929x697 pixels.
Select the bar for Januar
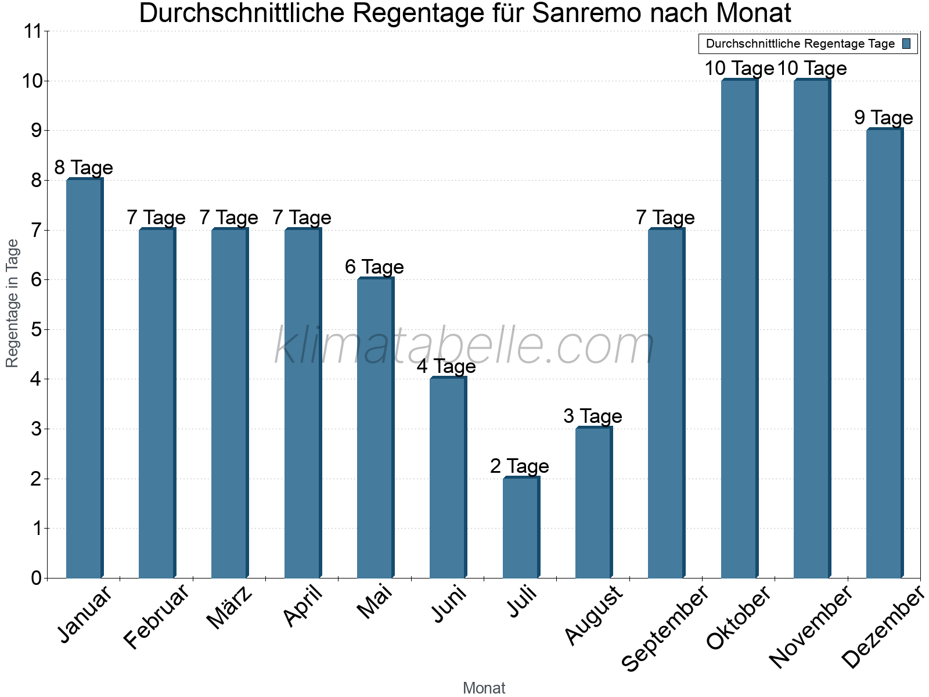click(84, 378)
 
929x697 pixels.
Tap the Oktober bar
click(739, 328)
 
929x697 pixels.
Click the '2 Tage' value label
click(520, 466)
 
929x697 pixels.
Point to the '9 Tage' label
click(884, 118)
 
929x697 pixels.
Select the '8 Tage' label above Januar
click(84, 168)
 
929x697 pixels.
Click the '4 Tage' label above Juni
click(447, 367)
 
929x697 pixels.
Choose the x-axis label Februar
click(157, 617)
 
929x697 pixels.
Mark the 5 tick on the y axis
click(37, 330)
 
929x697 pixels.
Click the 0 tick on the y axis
click(37, 578)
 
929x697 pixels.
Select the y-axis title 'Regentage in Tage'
click(12, 303)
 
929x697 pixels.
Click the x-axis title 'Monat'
click(484, 688)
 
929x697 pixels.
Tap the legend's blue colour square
click(907, 44)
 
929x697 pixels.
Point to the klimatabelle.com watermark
click(464, 346)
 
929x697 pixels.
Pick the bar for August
click(593, 502)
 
